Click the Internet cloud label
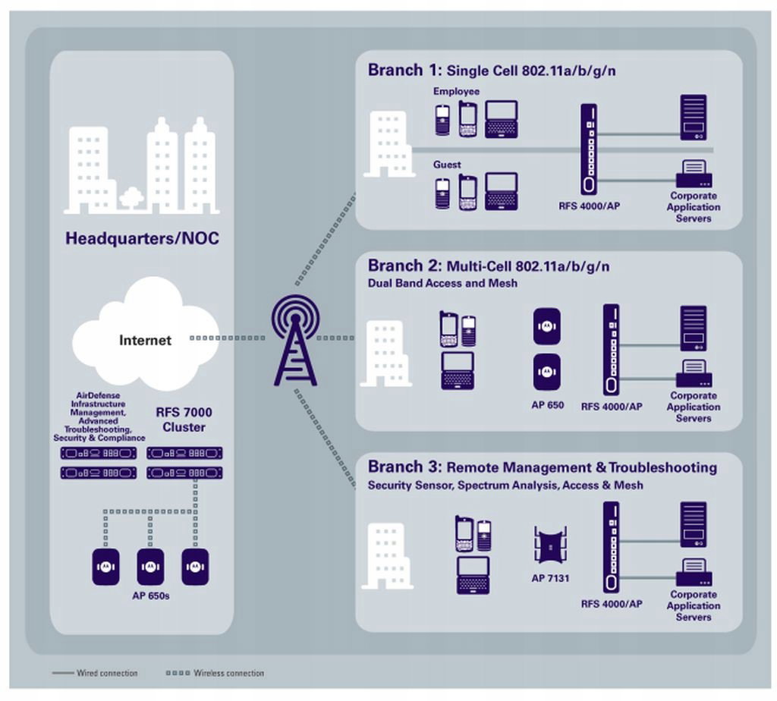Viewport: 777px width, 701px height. pyautogui.click(x=145, y=341)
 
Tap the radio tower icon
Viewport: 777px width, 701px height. pyautogui.click(x=295, y=341)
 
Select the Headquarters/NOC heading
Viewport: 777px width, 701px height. pyautogui.click(x=142, y=238)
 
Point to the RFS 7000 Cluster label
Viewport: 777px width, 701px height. pyautogui.click(x=184, y=420)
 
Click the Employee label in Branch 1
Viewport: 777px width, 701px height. pyautogui.click(x=456, y=91)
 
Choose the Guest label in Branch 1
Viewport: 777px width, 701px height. pyautogui.click(x=447, y=165)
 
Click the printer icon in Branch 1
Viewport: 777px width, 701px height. pyautogui.click(x=694, y=174)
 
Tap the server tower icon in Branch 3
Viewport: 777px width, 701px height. pyautogui.click(x=694, y=525)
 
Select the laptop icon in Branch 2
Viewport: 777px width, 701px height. pyautogui.click(x=458, y=370)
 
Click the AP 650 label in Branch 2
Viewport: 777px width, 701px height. pyautogui.click(x=548, y=405)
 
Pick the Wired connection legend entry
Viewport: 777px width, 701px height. pyautogui.click(x=95, y=673)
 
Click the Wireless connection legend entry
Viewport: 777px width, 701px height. pyautogui.click(x=215, y=673)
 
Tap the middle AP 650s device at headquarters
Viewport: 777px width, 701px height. pyautogui.click(x=150, y=567)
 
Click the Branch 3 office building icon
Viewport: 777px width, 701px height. pyautogui.click(x=387, y=556)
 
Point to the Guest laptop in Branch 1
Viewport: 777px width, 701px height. pyautogui.click(x=501, y=192)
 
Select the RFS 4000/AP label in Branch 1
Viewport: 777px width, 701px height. pyautogui.click(x=589, y=206)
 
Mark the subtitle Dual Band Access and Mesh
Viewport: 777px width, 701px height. pyautogui.click(x=442, y=284)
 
